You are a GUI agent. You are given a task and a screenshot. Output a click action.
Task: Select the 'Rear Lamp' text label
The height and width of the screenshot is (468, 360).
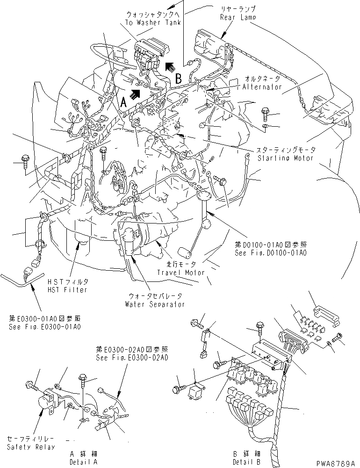pyautogui.click(x=238, y=17)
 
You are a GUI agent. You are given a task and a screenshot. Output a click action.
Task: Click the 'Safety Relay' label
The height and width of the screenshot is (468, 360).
pyautogui.click(x=31, y=447)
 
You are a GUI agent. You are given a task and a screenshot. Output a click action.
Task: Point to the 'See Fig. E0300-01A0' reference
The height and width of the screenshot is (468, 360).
pyautogui.click(x=44, y=327)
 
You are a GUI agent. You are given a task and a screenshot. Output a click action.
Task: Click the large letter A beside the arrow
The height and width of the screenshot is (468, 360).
pyautogui.click(x=123, y=101)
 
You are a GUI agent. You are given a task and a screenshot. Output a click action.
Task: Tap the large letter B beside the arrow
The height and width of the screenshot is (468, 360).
pyautogui.click(x=178, y=79)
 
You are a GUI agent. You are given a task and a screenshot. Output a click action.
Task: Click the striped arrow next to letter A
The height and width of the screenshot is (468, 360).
pyautogui.click(x=136, y=94)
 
